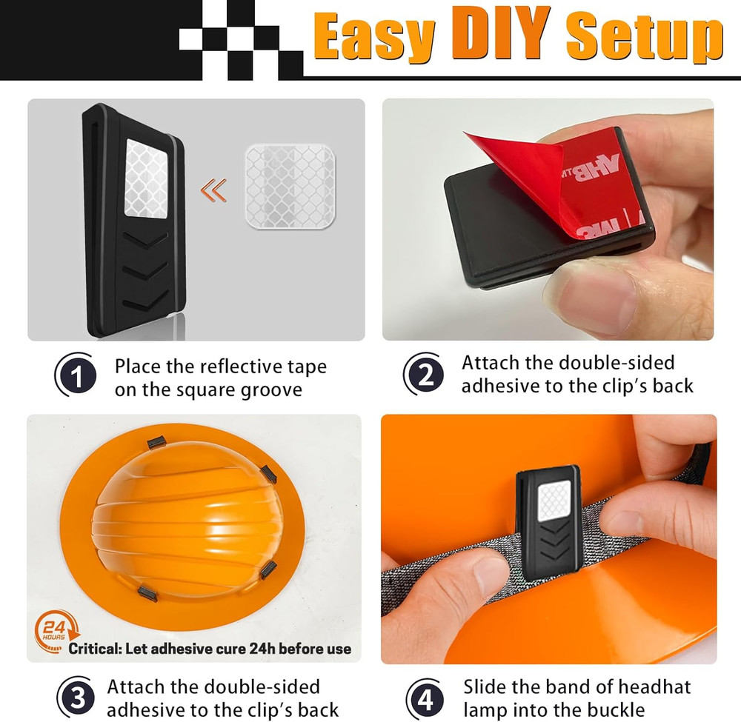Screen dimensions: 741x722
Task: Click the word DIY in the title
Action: tap(501, 35)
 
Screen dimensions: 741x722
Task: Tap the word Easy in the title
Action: tap(375, 38)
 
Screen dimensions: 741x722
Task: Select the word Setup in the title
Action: tap(645, 38)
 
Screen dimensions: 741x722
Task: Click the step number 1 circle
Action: tap(76, 375)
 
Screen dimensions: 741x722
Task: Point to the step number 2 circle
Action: tap(424, 375)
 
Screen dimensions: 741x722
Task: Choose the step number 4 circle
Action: tap(425, 699)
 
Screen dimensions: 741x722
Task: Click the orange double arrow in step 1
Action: tap(213, 190)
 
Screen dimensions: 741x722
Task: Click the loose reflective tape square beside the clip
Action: tap(290, 187)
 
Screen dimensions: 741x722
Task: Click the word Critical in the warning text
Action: tap(95, 649)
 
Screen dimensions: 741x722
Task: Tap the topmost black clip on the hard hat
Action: tap(157, 442)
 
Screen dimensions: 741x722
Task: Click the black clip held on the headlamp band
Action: tap(548, 522)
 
